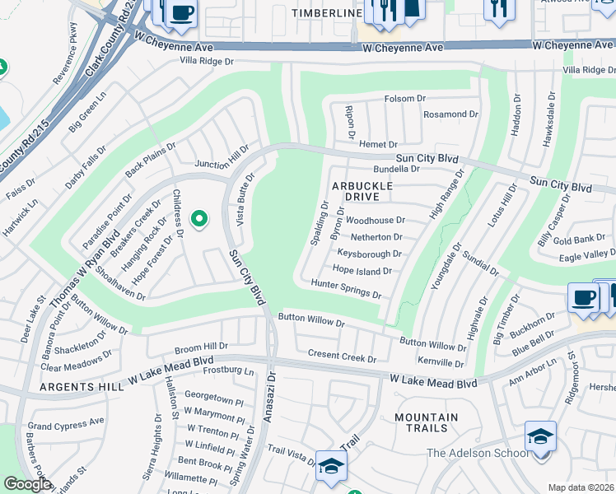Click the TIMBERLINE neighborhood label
[x=327, y=14]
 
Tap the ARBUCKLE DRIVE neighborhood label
[x=362, y=192]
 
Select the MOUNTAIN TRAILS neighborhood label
[x=426, y=422]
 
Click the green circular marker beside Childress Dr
[x=198, y=219]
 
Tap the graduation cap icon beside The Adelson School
[x=540, y=436]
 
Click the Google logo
[x=27, y=484]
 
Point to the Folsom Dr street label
[x=404, y=99]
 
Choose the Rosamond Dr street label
[x=450, y=114]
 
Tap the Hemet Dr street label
[x=378, y=144]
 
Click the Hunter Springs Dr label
[x=346, y=288]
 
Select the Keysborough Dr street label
[x=369, y=254]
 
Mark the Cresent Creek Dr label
[x=341, y=355]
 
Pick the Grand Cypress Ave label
[x=66, y=423]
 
